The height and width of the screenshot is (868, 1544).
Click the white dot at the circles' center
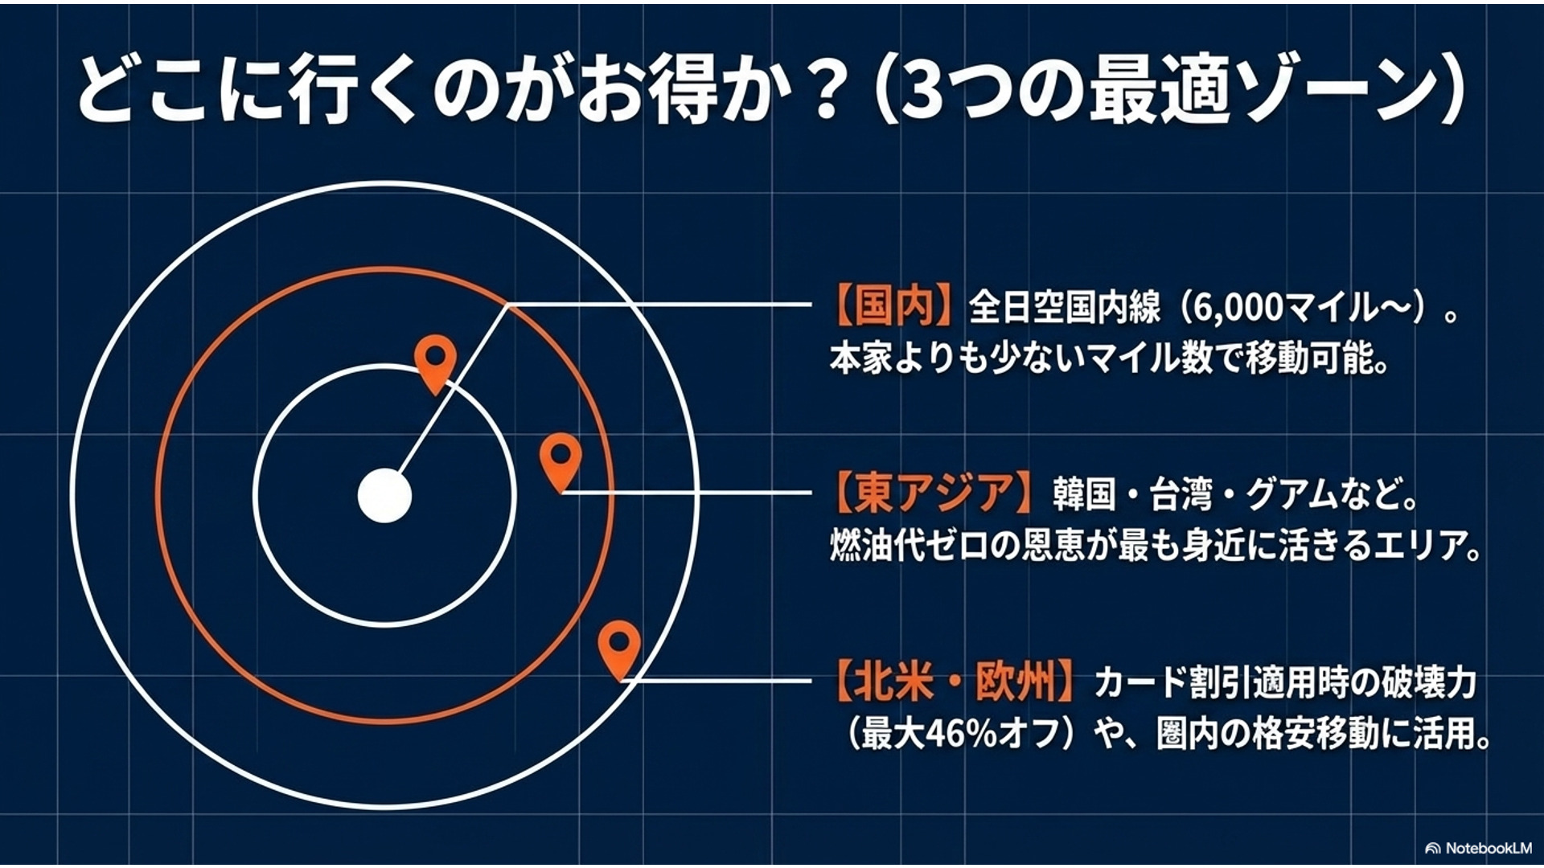tap(384, 495)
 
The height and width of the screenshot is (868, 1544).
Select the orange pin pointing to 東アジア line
tap(561, 461)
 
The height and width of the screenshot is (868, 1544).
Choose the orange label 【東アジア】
tap(933, 492)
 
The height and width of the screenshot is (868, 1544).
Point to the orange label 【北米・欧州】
tap(954, 682)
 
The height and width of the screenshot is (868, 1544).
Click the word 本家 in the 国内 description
tap(861, 358)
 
